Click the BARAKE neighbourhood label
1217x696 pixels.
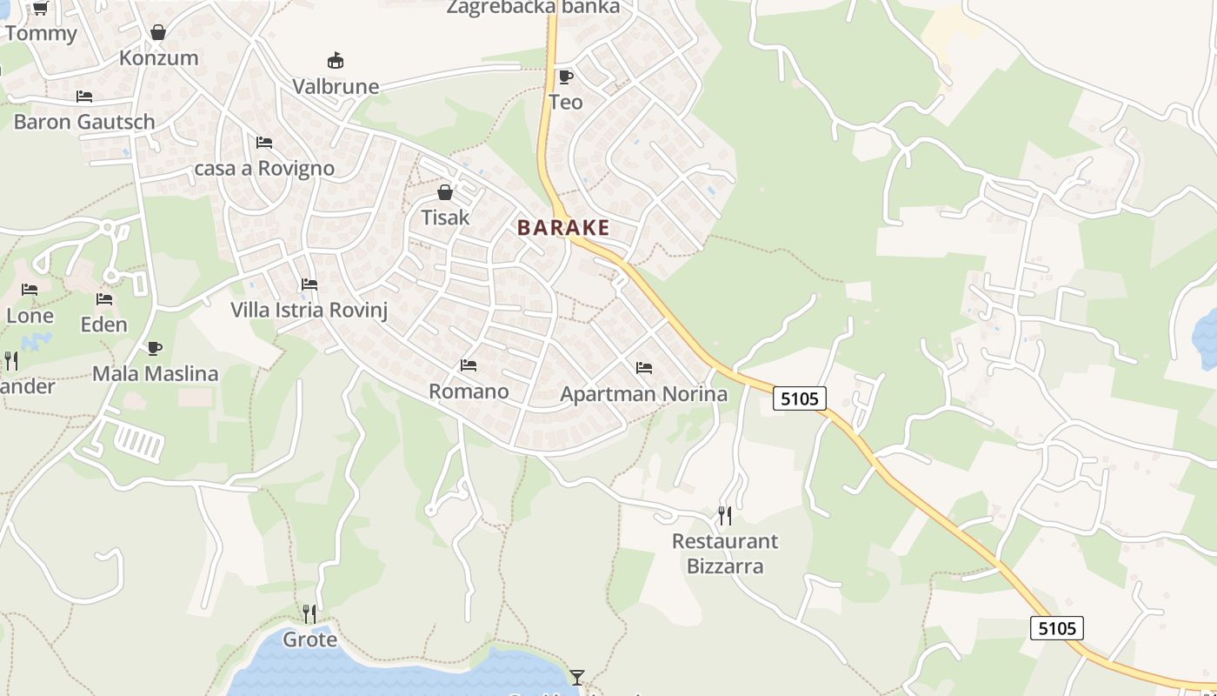tap(563, 228)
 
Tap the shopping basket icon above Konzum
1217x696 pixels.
tap(158, 33)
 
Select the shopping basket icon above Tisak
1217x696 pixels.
tap(445, 192)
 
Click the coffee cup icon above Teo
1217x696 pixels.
tap(565, 77)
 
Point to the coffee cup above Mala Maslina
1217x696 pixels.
tap(155, 349)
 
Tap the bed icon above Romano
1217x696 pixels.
tap(469, 365)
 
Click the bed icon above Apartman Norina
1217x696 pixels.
tap(644, 368)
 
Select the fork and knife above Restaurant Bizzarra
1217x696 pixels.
tap(725, 516)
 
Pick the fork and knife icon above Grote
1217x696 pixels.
tap(309, 613)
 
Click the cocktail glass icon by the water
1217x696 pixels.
tap(577, 677)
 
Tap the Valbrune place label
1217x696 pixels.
tap(336, 87)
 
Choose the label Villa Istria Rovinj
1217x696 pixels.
tap(309, 311)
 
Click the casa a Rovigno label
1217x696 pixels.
tap(264, 168)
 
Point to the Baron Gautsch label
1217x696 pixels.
tap(84, 122)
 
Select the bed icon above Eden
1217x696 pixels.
tap(104, 299)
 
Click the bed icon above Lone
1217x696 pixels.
tap(30, 290)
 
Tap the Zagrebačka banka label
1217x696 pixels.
tap(534, 8)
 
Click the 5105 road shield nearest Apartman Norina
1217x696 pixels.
tap(800, 398)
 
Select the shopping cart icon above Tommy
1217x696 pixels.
tap(40, 9)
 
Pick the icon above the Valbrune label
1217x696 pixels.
tap(336, 61)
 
